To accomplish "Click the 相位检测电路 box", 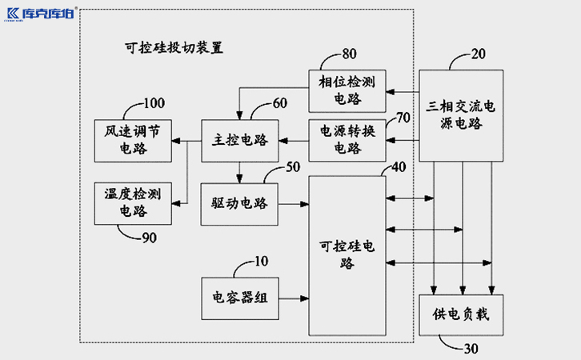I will point(346,90).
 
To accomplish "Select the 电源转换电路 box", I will point(346,139).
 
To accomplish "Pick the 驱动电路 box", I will point(238,204).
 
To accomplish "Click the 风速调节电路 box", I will point(132,139).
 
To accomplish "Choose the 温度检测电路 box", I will point(132,202).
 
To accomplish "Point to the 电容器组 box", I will point(239,297).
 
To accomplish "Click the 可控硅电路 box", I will point(346,254).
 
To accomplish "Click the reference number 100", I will point(153,103).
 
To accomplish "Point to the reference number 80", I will point(350,54).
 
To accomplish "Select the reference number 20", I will point(479,54).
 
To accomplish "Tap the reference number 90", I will point(150,238).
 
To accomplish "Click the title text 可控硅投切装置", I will point(169,48).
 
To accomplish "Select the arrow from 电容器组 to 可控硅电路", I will point(293,297).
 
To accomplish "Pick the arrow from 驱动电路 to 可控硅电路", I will point(293,204).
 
